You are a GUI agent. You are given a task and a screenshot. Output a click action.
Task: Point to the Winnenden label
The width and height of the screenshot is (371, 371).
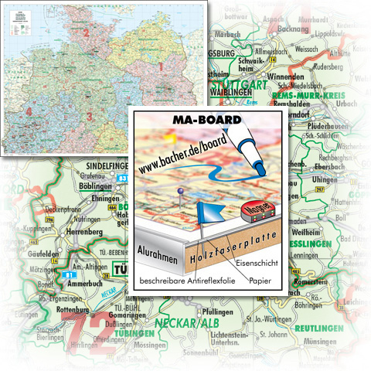288,79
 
